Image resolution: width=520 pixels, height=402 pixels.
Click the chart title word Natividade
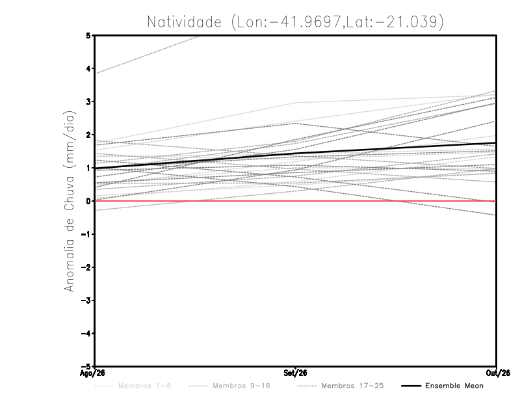point(184,22)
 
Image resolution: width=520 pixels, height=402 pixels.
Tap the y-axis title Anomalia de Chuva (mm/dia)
point(70,201)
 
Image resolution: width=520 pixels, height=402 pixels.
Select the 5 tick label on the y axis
point(88,35)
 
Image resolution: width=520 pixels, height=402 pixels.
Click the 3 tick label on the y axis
point(88,101)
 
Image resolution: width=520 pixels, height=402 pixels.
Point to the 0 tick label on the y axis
point(88,201)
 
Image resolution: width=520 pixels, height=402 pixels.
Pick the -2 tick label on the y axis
point(86,267)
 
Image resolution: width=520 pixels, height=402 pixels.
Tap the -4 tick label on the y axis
point(86,333)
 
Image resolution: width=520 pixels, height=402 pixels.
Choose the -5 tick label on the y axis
point(86,366)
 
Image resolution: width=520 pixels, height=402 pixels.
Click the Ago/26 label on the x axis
point(92,373)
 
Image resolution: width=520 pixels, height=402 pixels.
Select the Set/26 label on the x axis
point(295,373)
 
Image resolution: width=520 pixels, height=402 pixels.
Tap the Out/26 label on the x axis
point(498,373)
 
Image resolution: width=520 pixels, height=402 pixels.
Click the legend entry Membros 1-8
point(144,386)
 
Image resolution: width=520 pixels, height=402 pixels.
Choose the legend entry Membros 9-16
point(241,386)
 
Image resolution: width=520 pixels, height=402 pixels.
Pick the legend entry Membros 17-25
point(352,386)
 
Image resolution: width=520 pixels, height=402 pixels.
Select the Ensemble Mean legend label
point(454,386)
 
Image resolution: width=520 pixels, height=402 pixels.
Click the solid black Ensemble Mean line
point(295,154)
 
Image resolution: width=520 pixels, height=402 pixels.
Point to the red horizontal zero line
point(295,201)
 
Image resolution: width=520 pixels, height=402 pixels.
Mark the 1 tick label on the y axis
point(88,168)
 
